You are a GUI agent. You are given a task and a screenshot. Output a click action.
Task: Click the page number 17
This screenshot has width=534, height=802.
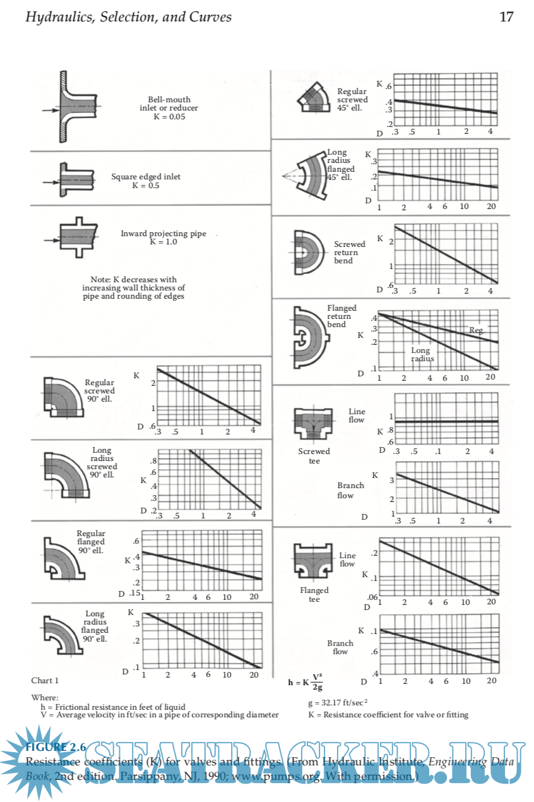tap(506, 17)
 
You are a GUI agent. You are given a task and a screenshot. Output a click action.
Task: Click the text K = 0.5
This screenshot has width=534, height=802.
tap(146, 186)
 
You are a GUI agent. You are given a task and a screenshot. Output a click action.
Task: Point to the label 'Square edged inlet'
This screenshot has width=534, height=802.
tap(146, 177)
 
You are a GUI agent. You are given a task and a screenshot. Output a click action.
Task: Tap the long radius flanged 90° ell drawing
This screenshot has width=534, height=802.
tap(61, 634)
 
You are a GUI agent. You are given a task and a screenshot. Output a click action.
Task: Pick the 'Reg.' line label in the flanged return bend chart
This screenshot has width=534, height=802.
tap(477, 330)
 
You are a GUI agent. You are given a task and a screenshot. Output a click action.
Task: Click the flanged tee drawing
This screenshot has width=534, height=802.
tap(313, 561)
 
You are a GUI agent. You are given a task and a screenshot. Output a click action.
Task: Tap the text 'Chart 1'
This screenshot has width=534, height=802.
tap(45, 680)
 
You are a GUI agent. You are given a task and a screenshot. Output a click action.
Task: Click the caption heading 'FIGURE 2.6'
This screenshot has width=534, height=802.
tap(56, 748)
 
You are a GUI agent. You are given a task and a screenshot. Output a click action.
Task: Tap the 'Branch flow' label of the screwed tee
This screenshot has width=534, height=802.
tap(350, 490)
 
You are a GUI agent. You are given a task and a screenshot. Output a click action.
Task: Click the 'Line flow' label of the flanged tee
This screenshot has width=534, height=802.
tap(347, 560)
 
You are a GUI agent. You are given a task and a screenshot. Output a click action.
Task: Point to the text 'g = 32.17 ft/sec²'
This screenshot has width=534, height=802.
tap(338, 702)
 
